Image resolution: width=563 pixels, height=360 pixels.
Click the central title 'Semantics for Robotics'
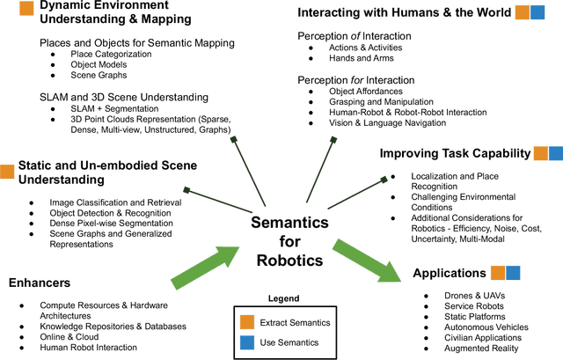pos(289,242)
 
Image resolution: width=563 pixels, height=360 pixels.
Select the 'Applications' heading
pos(450,273)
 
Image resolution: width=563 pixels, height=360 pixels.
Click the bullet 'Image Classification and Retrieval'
pos(104,202)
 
